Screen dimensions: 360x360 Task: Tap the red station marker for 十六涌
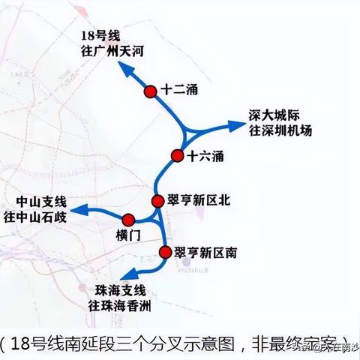click(177, 156)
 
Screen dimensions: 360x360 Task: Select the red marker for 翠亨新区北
click(157, 201)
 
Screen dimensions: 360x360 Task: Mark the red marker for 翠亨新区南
click(166, 253)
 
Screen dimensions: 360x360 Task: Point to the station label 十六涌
click(205, 156)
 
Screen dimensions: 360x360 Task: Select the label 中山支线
click(40, 202)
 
